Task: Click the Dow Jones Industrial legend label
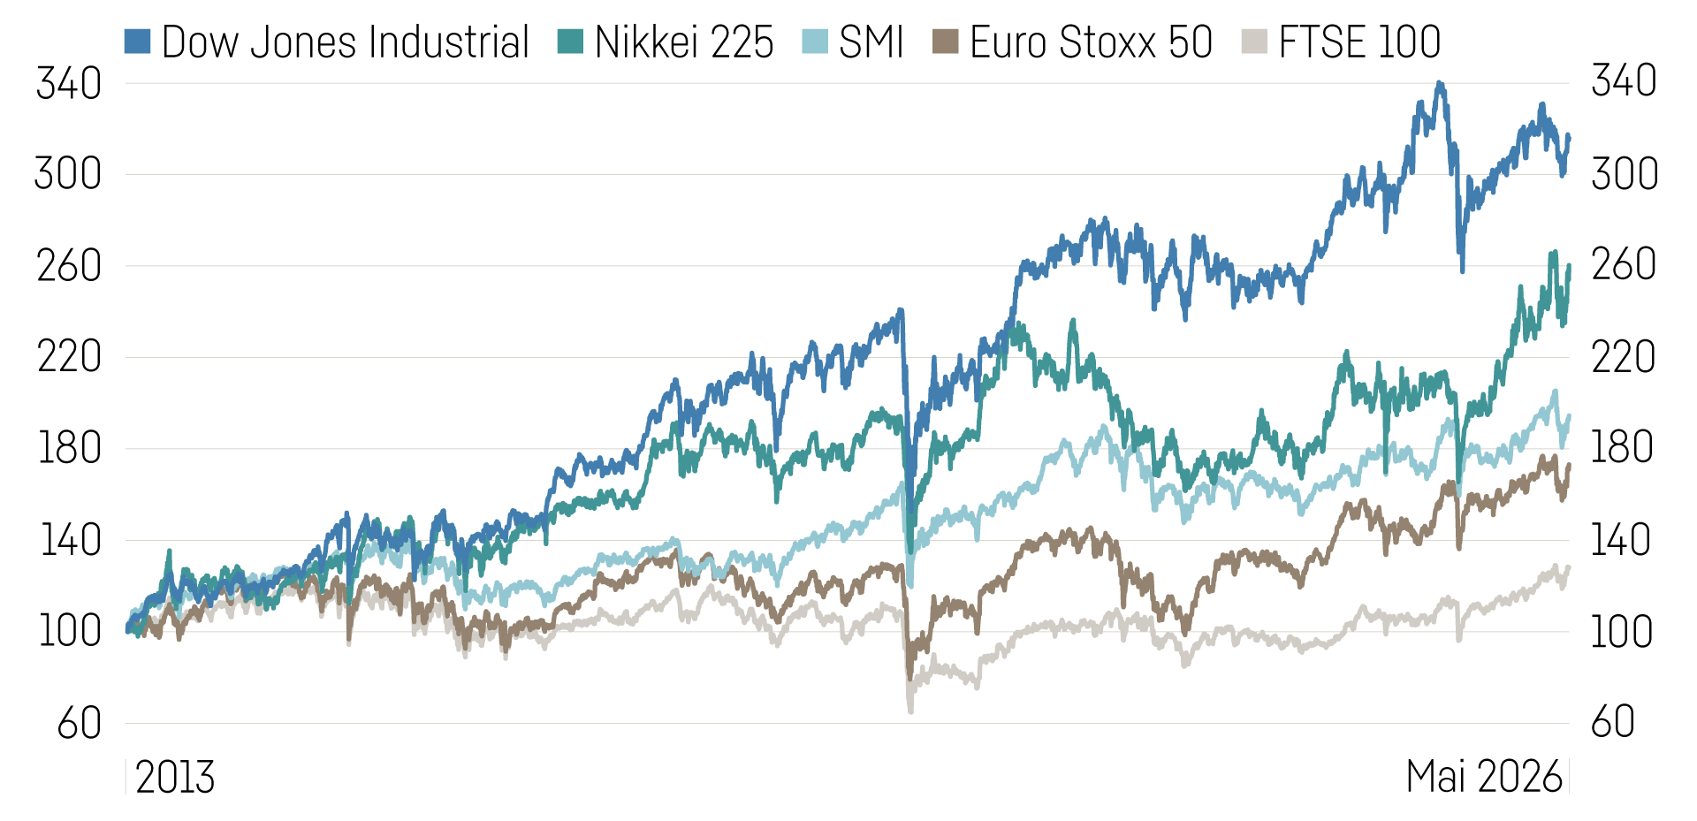click(345, 42)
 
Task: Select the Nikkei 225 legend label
click(683, 42)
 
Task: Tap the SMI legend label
click(871, 42)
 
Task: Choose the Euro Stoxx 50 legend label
click(1091, 42)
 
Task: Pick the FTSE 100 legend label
click(1359, 42)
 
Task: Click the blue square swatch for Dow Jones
click(137, 42)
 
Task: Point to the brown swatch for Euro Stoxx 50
click(945, 42)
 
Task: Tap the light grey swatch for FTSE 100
click(1254, 42)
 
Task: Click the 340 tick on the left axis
click(69, 85)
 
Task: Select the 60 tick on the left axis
click(80, 724)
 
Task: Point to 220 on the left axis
click(69, 358)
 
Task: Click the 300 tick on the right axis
click(1625, 174)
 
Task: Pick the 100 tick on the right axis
click(1622, 632)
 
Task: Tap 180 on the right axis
click(1622, 448)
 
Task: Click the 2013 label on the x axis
click(175, 778)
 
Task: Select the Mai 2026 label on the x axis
click(1484, 778)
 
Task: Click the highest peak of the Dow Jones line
click(1440, 84)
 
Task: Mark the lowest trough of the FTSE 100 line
click(910, 711)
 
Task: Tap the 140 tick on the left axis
click(71, 541)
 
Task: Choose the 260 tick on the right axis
click(1624, 265)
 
